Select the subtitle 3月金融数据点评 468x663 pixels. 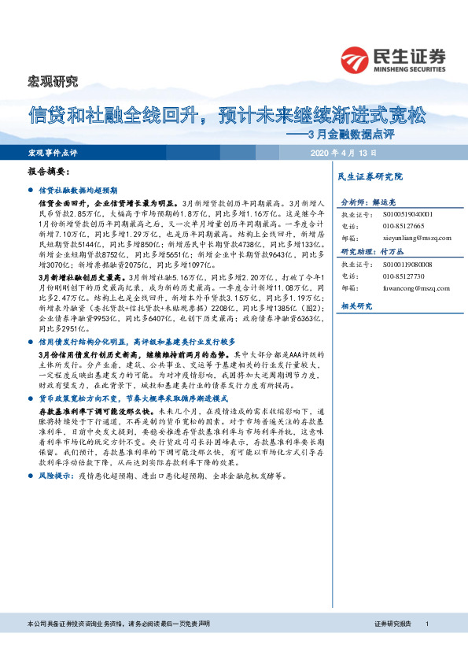pyautogui.click(x=383, y=134)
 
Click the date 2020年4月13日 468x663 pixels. pyautogui.click(x=345, y=152)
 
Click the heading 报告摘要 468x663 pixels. pyautogui.click(x=49, y=172)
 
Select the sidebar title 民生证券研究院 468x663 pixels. pyautogui.click(x=370, y=176)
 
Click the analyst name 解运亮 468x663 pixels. pyautogui.click(x=391, y=201)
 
